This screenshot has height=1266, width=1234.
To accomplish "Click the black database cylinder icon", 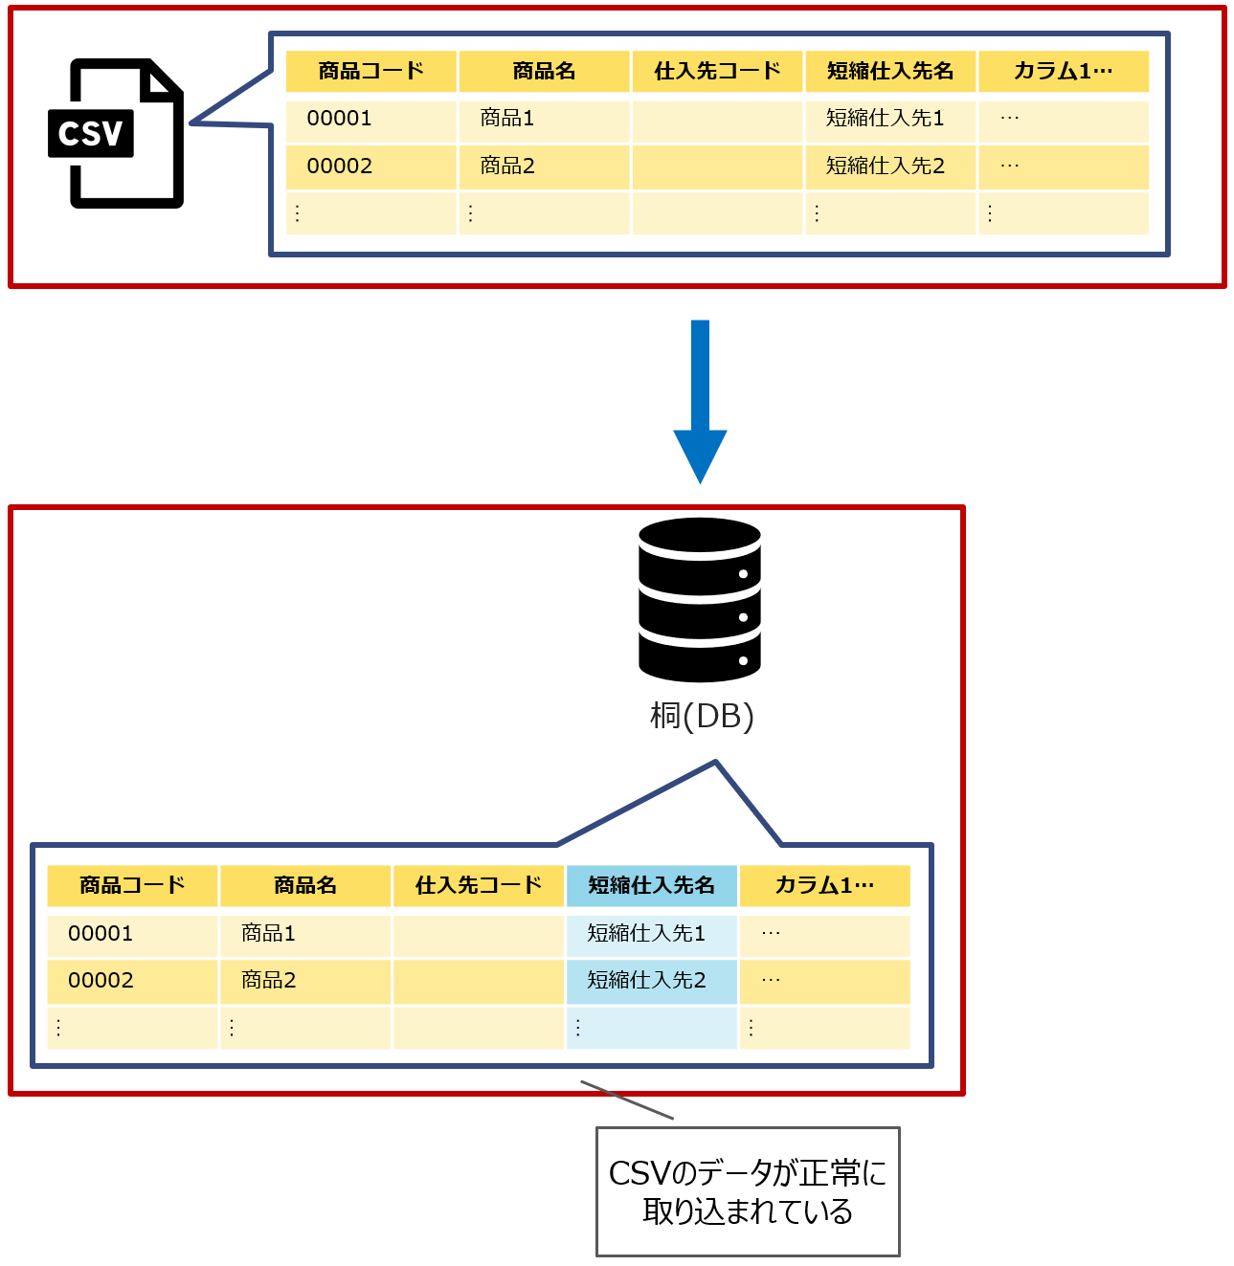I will pyautogui.click(x=700, y=600).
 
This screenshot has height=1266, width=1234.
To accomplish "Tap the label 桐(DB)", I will pyautogui.click(x=702, y=716).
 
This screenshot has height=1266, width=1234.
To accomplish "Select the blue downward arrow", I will pyautogui.click(x=700, y=401).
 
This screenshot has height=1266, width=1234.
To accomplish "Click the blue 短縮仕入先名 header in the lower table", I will pyautogui.click(x=651, y=886).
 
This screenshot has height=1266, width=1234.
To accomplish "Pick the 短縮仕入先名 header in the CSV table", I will pyautogui.click(x=890, y=72).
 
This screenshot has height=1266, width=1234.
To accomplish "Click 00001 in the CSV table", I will pyautogui.click(x=339, y=119).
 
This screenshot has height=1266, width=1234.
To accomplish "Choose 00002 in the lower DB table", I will pyautogui.click(x=101, y=981).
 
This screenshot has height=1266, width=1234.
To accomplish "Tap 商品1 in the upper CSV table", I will pyautogui.click(x=507, y=119).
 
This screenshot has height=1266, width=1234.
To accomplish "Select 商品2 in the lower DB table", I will pyautogui.click(x=269, y=981).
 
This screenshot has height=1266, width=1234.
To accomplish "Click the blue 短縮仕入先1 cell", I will pyautogui.click(x=646, y=934).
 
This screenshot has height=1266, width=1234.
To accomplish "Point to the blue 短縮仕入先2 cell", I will pyautogui.click(x=646, y=981).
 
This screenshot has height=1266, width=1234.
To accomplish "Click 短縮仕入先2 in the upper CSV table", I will pyautogui.click(x=886, y=167).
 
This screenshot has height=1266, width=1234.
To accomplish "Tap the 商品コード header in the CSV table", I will pyautogui.click(x=371, y=72).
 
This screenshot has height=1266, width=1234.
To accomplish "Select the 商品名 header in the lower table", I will pyautogui.click(x=305, y=886).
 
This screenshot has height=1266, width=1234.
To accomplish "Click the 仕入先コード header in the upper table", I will pyautogui.click(x=717, y=72).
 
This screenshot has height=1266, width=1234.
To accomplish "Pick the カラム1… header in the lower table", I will pyautogui.click(x=824, y=886).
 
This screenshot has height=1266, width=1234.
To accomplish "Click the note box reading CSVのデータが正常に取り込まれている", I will pyautogui.click(x=748, y=1191).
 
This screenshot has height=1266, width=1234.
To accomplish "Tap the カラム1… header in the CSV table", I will pyautogui.click(x=1063, y=72).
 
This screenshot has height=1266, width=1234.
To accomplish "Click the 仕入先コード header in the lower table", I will pyautogui.click(x=479, y=886).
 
